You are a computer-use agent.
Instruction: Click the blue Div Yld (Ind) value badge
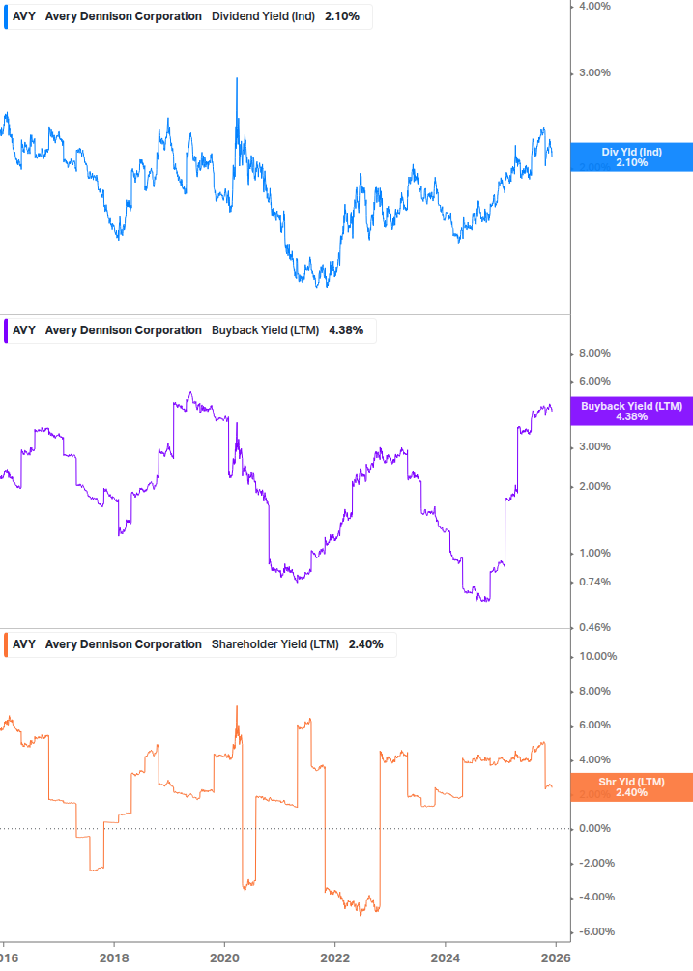coord(631,157)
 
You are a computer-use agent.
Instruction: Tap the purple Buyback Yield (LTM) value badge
coord(631,411)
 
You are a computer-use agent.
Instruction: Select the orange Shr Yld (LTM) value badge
coord(631,786)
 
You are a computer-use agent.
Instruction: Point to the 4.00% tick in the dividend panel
coord(593,6)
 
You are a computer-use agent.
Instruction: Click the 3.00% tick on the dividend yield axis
coord(593,73)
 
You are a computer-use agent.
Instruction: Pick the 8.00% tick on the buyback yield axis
coord(593,354)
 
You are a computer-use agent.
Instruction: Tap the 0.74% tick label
coord(593,582)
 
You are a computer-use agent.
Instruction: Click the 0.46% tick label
coord(593,628)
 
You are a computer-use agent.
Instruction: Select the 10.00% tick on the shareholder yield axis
coord(595,656)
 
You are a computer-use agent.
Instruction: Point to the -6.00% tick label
coord(595,931)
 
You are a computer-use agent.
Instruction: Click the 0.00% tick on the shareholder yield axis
coord(593,828)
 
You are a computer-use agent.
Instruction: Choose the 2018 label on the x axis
coord(114,957)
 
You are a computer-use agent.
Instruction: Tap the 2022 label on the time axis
coord(334,957)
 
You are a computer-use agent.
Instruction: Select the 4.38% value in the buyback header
coord(345,330)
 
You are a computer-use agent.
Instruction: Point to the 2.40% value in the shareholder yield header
coord(365,644)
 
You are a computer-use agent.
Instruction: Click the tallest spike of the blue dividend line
coord(237,79)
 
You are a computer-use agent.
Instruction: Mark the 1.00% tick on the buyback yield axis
coord(593,553)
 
